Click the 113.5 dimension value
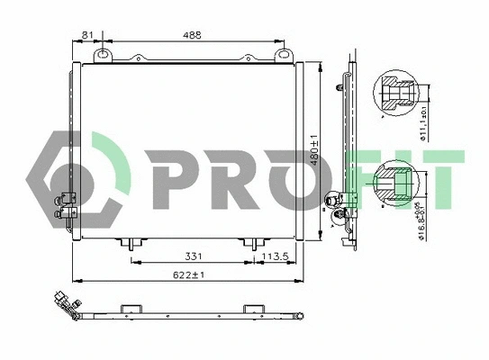coord(275,256)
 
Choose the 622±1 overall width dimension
coord(186,274)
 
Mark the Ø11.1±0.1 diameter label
coord(423,123)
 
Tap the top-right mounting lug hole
coord(285,56)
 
